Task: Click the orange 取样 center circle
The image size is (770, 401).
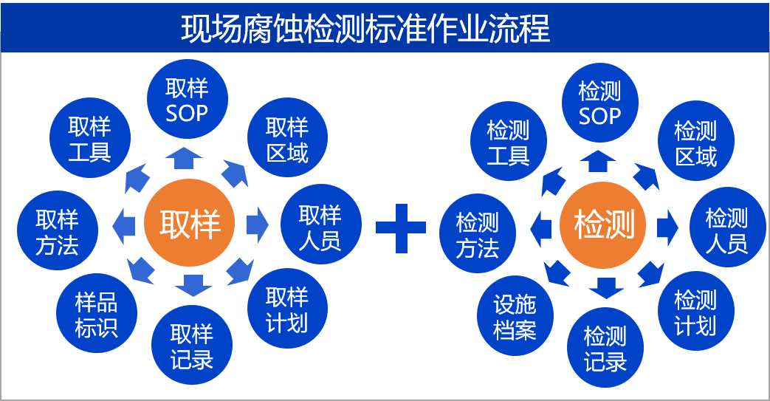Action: click(x=190, y=222)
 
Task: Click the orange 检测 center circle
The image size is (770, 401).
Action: click(x=603, y=224)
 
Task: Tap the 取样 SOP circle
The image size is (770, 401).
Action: click(x=188, y=100)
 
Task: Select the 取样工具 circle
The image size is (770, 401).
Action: click(x=90, y=139)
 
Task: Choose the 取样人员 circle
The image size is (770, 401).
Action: click(x=320, y=227)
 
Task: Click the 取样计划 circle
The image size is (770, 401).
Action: click(x=287, y=310)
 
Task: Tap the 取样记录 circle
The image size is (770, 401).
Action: click(x=192, y=346)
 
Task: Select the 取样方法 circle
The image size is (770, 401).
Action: click(x=57, y=231)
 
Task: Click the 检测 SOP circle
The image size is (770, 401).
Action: click(x=599, y=103)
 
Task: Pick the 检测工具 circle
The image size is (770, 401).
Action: click(x=509, y=143)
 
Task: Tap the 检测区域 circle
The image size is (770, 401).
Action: click(x=695, y=143)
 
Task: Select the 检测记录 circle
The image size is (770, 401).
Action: click(x=605, y=349)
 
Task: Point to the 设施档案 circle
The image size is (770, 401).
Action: click(x=515, y=317)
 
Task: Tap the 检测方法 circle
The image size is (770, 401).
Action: click(x=478, y=235)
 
